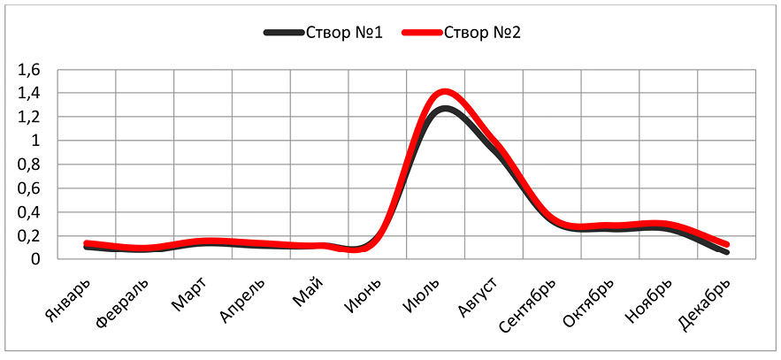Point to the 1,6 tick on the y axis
[29, 69]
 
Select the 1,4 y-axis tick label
[29, 93]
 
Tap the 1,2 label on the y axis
[29, 117]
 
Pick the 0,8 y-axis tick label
[29, 165]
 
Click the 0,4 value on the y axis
[29, 212]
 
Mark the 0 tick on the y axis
[36, 259]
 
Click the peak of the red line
[444, 91]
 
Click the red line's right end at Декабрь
[726, 244]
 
